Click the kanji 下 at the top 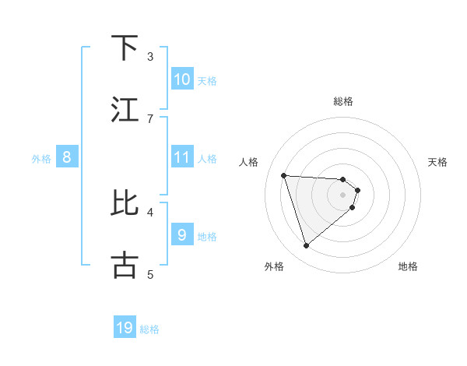click(125, 48)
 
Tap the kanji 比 click(125, 202)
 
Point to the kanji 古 click(125, 265)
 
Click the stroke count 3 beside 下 click(150, 57)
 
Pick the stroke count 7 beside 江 click(150, 118)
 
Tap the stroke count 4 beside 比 click(150, 211)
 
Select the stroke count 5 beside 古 click(150, 274)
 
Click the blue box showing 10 click(181, 79)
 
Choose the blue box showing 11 click(181, 157)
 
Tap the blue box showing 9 click(181, 234)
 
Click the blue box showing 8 click(67, 157)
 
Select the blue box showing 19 click(125, 328)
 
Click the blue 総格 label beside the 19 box click(149, 329)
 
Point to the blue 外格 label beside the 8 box click(41, 159)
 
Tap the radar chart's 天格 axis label click(437, 162)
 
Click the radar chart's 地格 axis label click(408, 266)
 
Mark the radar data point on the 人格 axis click(283, 175)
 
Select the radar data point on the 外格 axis click(306, 246)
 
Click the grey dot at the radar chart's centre click(343, 205)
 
